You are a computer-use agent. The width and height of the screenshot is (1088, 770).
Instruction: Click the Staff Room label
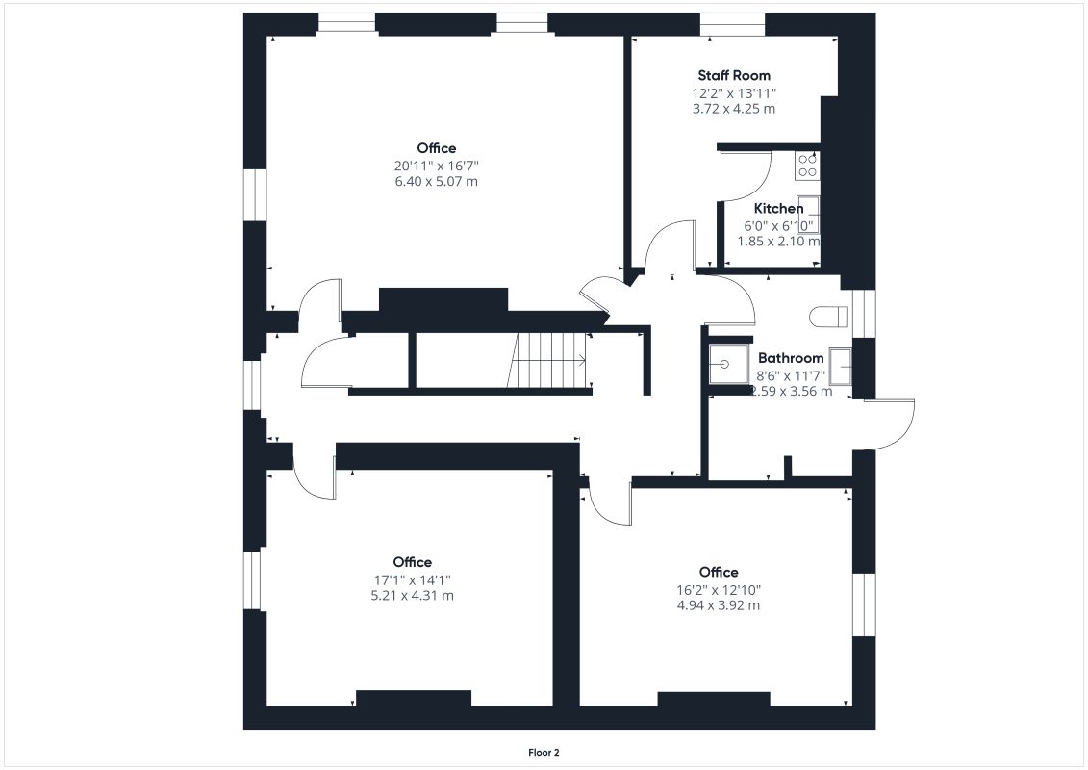tap(733, 75)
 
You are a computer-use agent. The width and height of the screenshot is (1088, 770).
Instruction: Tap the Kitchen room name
tap(778, 209)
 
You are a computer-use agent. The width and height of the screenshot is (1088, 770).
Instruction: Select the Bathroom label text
tap(791, 358)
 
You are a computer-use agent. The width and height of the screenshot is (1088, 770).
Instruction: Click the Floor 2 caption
tap(544, 752)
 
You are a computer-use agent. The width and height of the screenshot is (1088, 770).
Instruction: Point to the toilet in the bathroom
tap(828, 316)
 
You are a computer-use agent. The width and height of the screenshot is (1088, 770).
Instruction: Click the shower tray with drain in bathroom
tap(727, 365)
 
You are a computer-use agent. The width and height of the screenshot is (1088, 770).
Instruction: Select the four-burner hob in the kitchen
tap(806, 166)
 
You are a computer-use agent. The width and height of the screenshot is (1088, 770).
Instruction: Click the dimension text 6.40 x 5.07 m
tap(436, 181)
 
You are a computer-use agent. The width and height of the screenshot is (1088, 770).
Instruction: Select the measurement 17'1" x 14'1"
tap(412, 579)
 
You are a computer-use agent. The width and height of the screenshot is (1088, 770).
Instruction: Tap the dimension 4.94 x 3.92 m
tap(719, 605)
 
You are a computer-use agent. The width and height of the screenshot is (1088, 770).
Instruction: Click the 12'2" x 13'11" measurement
tap(733, 93)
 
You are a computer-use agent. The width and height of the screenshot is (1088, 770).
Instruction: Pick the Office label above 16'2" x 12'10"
tap(719, 572)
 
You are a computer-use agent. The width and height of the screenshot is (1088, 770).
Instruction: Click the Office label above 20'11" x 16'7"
tap(436, 148)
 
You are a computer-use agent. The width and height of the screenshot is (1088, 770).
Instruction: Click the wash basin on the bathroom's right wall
tap(840, 367)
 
